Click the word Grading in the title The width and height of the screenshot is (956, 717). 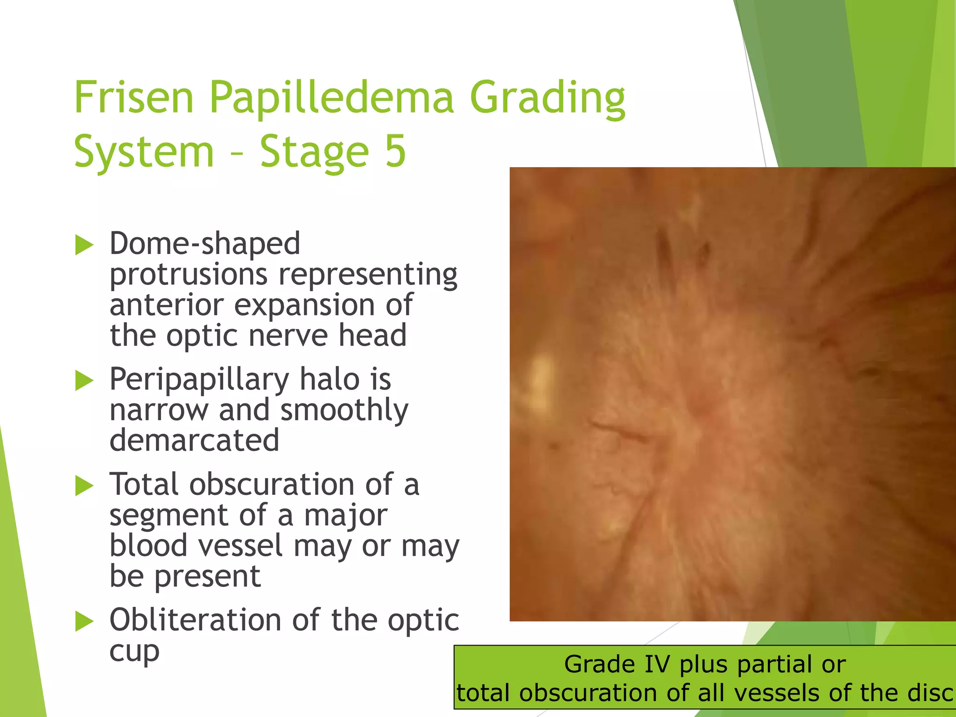click(x=547, y=98)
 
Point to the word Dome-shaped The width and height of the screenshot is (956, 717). click(x=204, y=244)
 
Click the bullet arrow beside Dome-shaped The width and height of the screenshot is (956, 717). click(x=84, y=245)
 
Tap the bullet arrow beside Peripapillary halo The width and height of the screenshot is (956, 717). click(x=84, y=380)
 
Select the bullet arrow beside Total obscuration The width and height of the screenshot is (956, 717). click(x=84, y=485)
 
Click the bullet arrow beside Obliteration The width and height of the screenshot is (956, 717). click(x=84, y=621)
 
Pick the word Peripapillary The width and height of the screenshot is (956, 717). click(x=199, y=380)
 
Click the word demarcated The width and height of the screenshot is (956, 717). click(x=194, y=440)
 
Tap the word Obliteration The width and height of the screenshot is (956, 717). click(x=195, y=620)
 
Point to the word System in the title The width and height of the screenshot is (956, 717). click(x=144, y=152)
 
